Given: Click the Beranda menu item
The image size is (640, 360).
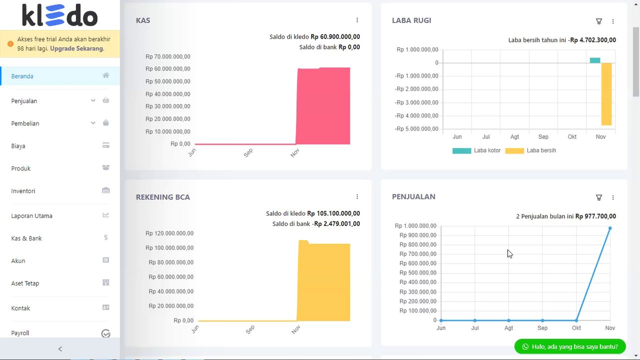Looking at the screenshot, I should (22, 76).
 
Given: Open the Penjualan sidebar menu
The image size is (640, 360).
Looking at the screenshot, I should (24, 101).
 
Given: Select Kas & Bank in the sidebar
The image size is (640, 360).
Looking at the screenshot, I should (26, 238).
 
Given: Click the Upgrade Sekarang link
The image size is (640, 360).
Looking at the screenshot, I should (77, 48).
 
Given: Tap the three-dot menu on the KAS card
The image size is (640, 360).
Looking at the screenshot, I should (357, 20).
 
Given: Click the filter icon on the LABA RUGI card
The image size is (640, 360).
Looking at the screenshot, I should (599, 21).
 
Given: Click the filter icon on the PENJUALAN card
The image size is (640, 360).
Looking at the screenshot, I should (599, 197).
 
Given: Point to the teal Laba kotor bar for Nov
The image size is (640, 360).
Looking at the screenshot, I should (595, 60).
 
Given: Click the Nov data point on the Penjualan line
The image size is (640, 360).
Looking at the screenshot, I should (610, 228).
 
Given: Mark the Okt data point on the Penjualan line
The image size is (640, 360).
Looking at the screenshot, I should (577, 320).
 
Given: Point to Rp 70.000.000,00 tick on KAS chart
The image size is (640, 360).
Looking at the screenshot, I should (168, 56).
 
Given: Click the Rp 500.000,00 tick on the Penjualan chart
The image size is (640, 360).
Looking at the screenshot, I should (418, 273).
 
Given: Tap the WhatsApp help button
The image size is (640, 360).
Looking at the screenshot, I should (570, 346).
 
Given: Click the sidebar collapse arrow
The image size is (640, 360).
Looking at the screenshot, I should (60, 349).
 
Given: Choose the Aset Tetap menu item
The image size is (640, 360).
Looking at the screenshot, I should (25, 283).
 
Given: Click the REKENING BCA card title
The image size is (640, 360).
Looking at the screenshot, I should (163, 197).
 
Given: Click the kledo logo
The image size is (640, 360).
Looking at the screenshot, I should (60, 15).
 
